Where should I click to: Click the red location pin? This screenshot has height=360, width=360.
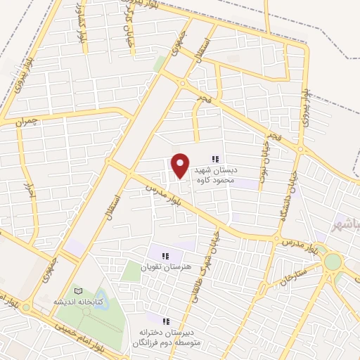(181, 165)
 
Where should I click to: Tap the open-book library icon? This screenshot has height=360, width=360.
(78, 290)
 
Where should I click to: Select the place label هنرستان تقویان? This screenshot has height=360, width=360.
(165, 268)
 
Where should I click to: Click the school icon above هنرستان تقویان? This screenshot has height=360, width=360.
(165, 257)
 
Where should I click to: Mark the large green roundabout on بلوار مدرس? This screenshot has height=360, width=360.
(333, 262)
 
